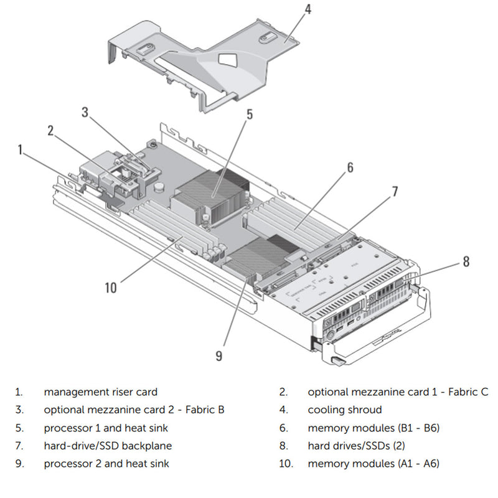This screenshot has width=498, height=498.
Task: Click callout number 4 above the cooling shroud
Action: pos(308,9)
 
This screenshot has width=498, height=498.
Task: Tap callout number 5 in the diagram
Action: pos(249,114)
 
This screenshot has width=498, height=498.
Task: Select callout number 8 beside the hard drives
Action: pos(466,262)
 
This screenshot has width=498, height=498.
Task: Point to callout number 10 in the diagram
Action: pos(111,288)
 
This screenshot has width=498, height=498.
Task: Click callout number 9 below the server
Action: pos(218,355)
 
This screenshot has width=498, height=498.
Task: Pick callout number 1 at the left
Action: pos(21,149)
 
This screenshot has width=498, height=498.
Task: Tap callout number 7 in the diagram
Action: pos(395,191)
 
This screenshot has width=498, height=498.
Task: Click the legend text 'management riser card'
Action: pos(100,392)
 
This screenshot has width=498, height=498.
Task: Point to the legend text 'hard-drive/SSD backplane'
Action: pos(108,446)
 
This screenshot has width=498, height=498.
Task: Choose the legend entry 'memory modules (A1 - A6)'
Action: pos(374,463)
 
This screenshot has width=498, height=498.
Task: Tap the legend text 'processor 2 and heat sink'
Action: pos(106,463)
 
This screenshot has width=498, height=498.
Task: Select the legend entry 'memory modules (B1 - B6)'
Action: pos(374,428)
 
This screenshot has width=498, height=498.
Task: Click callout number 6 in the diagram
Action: pos(350,167)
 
